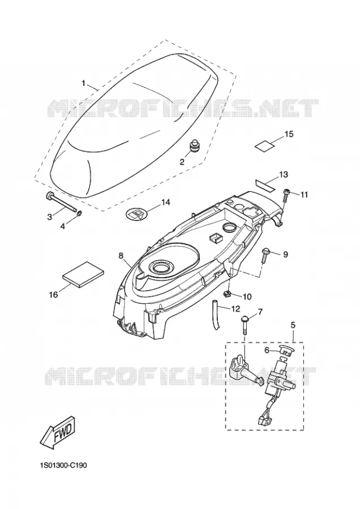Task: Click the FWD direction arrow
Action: coord(58,433)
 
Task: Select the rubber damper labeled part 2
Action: coord(194,145)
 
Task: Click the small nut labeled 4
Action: coord(79,213)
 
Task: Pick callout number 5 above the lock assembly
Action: coord(293,324)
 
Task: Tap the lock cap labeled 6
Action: coord(286,350)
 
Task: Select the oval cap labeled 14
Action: coord(136,214)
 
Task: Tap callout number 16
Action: coord(54,295)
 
